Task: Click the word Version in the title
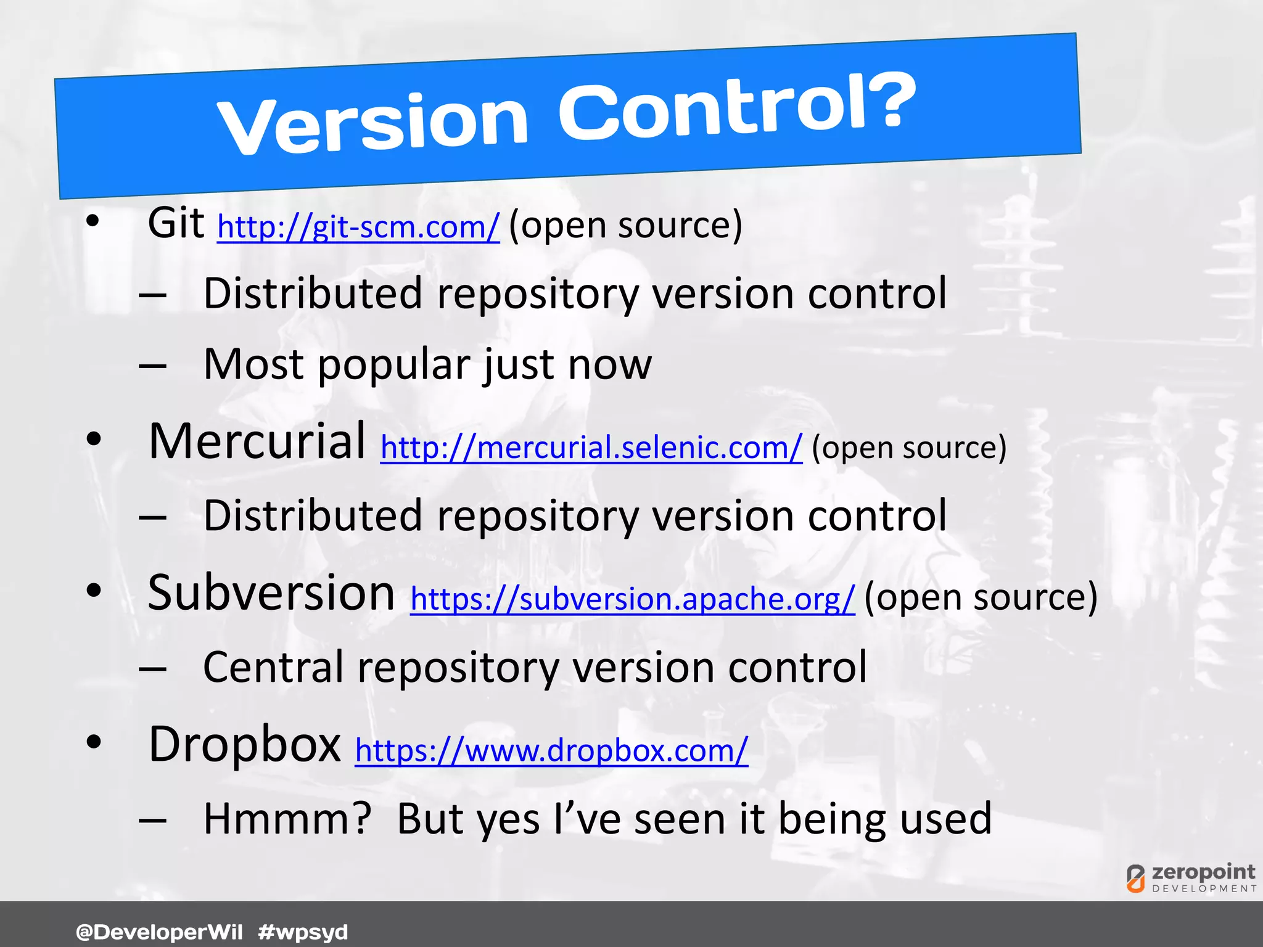[373, 125]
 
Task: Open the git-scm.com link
[358, 227]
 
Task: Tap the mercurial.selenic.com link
[591, 447]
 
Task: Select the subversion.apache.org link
[632, 599]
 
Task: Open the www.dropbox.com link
[551, 750]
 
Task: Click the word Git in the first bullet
[176, 223]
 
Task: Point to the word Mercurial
[257, 441]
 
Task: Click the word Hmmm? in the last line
[287, 819]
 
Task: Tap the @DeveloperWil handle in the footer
[159, 932]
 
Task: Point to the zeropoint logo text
[1203, 872]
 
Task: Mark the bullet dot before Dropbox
[93, 742]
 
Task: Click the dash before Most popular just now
[153, 366]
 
